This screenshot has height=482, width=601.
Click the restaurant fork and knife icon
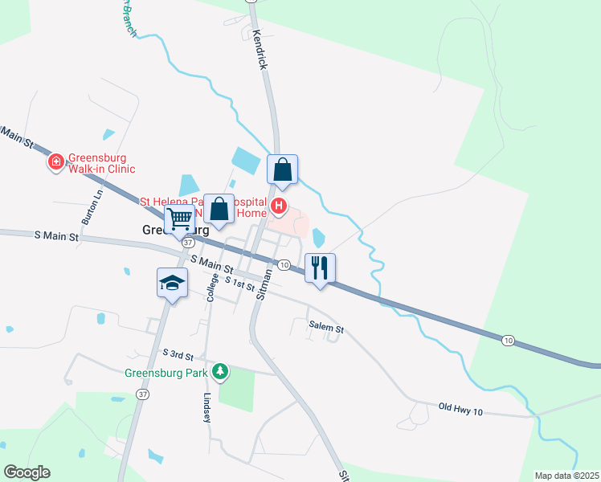pos(320,268)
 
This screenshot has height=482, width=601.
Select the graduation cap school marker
pos(172,282)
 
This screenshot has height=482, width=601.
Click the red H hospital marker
pos(279,206)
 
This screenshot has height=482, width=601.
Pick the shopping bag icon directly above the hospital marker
pos(282,170)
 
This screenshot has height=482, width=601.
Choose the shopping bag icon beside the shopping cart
pos(219,209)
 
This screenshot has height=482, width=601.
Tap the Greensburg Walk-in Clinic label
pos(100,163)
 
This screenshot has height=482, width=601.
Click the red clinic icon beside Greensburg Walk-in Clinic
pos(56,163)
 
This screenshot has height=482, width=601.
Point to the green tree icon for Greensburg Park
pos(219,372)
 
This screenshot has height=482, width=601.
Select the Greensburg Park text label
pos(166,373)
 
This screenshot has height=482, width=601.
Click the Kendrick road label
pos(259,49)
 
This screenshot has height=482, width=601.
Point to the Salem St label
pos(326,328)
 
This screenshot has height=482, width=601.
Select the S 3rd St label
pos(178,354)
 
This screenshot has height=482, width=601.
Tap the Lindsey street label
pos(206,408)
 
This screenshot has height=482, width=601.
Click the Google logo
pos(27,472)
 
